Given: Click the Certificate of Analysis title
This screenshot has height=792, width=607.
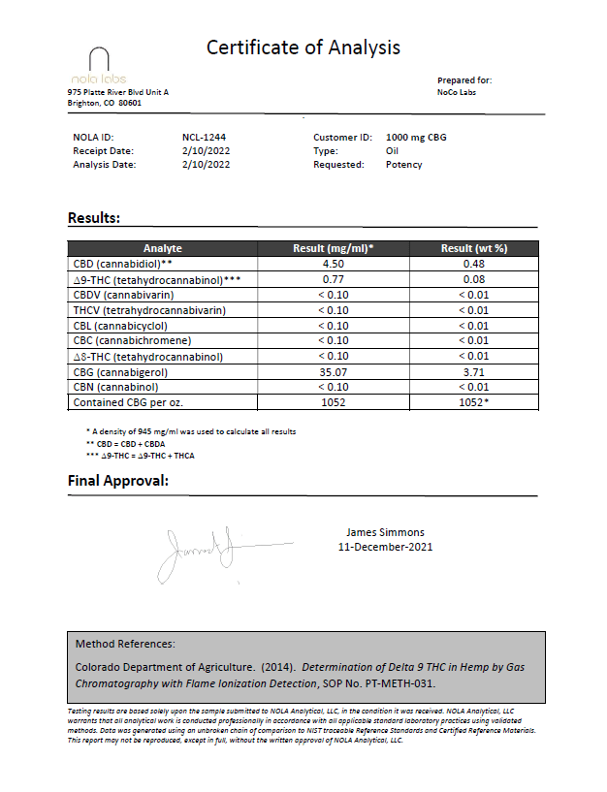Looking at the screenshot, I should click(x=303, y=48).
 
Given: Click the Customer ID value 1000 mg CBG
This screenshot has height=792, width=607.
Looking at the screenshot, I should click(x=416, y=138).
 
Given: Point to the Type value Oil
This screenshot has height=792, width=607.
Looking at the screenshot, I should click(x=393, y=151).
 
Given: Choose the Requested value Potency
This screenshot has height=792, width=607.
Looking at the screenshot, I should click(x=403, y=165).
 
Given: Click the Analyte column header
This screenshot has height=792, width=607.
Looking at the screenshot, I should click(x=162, y=248).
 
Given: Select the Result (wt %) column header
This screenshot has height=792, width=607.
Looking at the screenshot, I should click(x=474, y=248).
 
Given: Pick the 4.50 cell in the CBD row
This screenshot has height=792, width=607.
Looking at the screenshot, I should click(x=334, y=264).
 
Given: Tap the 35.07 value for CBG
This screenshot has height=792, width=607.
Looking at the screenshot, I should click(x=334, y=372).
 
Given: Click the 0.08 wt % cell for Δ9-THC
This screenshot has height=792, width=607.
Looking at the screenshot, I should click(x=474, y=279).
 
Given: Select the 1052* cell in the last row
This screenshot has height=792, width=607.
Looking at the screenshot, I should click(x=474, y=403).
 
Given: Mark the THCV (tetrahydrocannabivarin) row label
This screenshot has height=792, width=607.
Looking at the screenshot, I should click(x=149, y=310).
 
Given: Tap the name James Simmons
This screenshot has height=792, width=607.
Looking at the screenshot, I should click(x=385, y=532).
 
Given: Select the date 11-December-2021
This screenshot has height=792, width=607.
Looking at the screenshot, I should click(x=385, y=547).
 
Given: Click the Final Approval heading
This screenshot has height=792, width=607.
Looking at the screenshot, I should click(x=117, y=481).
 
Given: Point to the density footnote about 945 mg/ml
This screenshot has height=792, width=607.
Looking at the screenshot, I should click(x=191, y=431).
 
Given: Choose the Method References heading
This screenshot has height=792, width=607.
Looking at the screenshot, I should click(x=125, y=644).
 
